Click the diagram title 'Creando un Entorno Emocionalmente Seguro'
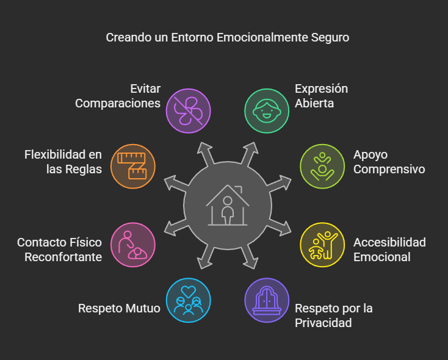point(228,37)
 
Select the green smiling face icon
point(267,110)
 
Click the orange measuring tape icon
point(133,166)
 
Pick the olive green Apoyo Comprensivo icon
point(322,166)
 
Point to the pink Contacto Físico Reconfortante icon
point(133,245)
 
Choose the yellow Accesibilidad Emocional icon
point(322,245)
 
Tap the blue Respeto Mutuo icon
point(188,300)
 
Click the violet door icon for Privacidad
point(267,300)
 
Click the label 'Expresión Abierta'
point(321,96)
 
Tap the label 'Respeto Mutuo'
point(119,308)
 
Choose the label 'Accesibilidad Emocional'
point(389,250)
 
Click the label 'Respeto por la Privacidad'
point(333,315)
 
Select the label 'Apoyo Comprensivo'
point(389,162)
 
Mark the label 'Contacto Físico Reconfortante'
point(59,250)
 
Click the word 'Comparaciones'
point(118,103)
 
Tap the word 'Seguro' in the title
point(330,37)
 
